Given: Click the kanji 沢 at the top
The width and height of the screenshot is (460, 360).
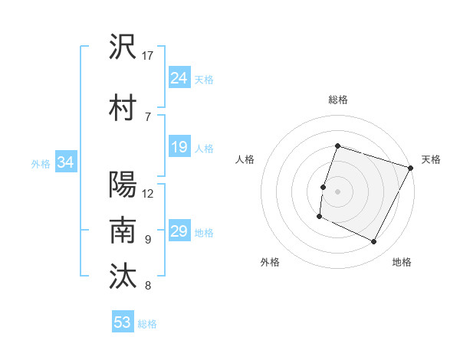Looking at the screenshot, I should pyautogui.click(x=123, y=47).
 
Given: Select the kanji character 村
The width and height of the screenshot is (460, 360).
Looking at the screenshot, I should pyautogui.click(x=123, y=108).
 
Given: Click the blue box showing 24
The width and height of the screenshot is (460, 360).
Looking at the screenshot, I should pyautogui.click(x=179, y=78).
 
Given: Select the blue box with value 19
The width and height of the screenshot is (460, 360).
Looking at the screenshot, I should pyautogui.click(x=179, y=147).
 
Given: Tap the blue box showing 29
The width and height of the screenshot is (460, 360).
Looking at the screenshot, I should pyautogui.click(x=179, y=231).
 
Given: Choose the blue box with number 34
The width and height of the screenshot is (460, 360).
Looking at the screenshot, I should pyautogui.click(x=66, y=162).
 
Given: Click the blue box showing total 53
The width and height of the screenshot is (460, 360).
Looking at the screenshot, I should pyautogui.click(x=123, y=322).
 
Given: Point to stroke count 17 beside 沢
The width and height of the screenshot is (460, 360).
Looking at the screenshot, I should pyautogui.click(x=148, y=56).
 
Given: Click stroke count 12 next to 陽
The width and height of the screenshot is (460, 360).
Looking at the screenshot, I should pyautogui.click(x=148, y=193).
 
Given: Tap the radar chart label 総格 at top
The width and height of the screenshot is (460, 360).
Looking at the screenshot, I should pyautogui.click(x=338, y=100).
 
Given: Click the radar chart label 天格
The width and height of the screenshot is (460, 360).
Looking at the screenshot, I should pyautogui.click(x=431, y=159).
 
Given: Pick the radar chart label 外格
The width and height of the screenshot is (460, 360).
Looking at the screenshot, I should pyautogui.click(x=270, y=262).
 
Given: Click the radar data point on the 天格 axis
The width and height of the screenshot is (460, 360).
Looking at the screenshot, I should pyautogui.click(x=411, y=168).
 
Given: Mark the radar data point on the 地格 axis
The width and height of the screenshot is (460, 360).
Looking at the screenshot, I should pyautogui.click(x=374, y=242).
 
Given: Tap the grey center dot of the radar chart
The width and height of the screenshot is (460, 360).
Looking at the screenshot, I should pyautogui.click(x=338, y=191).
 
